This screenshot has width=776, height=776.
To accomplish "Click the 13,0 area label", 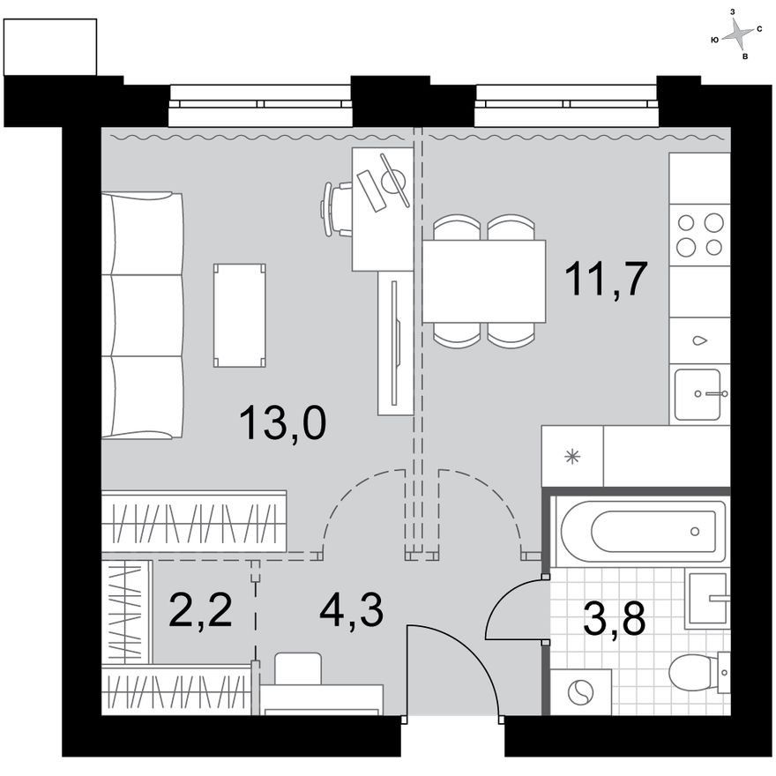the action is (x=282, y=422).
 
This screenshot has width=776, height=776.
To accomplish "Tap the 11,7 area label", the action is (x=606, y=280).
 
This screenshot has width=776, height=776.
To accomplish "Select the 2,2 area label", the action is (x=200, y=611).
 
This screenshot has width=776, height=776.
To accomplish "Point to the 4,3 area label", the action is (x=351, y=611).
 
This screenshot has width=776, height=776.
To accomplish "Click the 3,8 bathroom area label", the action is (x=614, y=619).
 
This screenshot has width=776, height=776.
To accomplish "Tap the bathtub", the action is (x=639, y=532).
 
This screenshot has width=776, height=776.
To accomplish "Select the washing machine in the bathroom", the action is (x=580, y=692).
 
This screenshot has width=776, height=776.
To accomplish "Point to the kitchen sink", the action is (x=700, y=394).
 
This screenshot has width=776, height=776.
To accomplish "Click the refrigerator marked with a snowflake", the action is (x=572, y=456).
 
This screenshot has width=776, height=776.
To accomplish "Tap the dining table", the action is (x=483, y=281).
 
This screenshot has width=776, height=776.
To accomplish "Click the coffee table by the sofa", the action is (x=240, y=316).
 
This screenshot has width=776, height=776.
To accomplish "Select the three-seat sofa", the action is (x=142, y=316).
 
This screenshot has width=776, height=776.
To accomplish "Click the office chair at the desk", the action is (x=337, y=209).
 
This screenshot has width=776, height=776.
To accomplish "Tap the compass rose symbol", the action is (x=737, y=34).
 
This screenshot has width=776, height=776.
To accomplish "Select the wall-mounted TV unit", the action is (x=395, y=343).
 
